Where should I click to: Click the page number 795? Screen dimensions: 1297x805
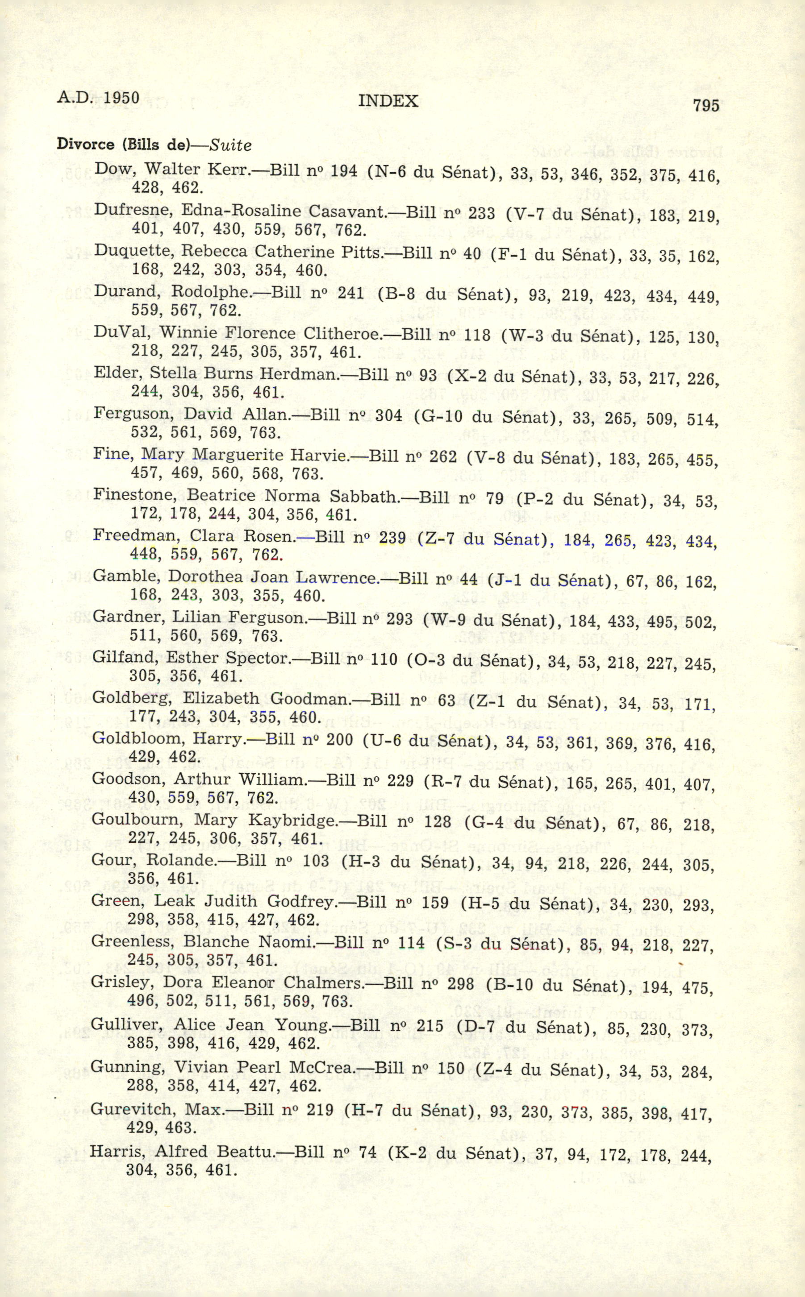click(x=706, y=105)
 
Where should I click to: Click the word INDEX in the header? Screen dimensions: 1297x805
click(x=388, y=100)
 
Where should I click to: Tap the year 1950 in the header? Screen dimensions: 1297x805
click(x=121, y=98)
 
